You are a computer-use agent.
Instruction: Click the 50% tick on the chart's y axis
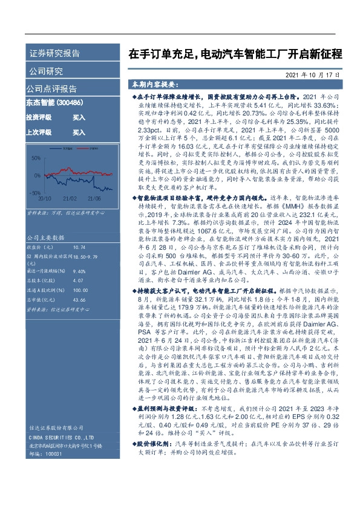(35, 158)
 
